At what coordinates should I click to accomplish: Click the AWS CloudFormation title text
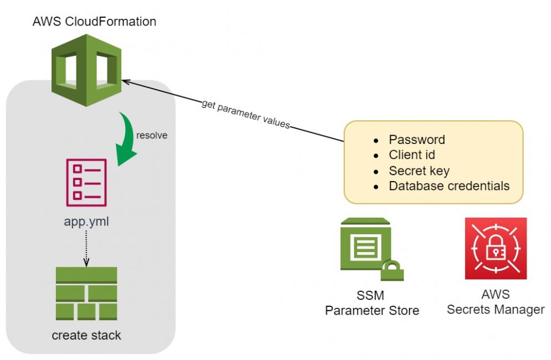pyautogui.click(x=94, y=22)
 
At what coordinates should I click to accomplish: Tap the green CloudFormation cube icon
pyautogui.click(x=86, y=69)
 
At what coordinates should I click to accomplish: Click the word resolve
pyautogui.click(x=152, y=135)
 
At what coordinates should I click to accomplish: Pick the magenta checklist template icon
pyautogui.click(x=86, y=182)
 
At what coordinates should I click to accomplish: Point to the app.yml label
pyautogui.click(x=86, y=223)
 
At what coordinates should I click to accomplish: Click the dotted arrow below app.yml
pyautogui.click(x=86, y=246)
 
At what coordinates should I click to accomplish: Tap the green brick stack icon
pyautogui.click(x=86, y=294)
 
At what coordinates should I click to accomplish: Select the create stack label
pyautogui.click(x=86, y=335)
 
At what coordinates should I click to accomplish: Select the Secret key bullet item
pyautogui.click(x=419, y=171)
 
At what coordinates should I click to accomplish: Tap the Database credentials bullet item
pyautogui.click(x=449, y=186)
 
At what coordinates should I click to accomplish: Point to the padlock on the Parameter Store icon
pyautogui.click(x=392, y=270)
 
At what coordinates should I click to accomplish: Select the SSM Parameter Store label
pyautogui.click(x=372, y=303)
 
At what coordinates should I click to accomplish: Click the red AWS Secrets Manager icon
pyautogui.click(x=496, y=248)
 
